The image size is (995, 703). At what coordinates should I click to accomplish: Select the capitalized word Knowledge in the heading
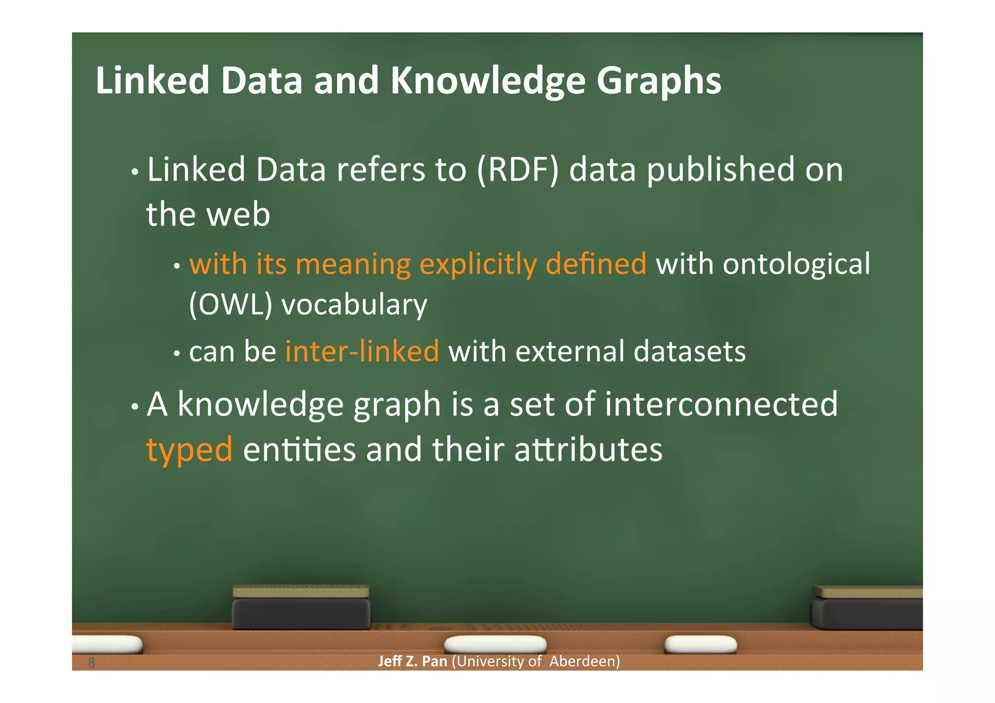pos(488,81)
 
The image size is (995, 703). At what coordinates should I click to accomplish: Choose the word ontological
pos(796,264)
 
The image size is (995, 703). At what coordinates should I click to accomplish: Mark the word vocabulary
pos(354,305)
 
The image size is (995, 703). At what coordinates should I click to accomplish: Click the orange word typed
pos(189,450)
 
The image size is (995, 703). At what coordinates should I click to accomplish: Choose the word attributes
pos(588,450)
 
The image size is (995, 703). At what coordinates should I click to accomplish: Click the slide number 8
pos(91,662)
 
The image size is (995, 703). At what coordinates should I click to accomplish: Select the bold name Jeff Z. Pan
pos(412,661)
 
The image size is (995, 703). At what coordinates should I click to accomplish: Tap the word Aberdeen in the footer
pos(584,661)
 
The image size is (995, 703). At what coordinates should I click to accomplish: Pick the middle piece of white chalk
pos(495,645)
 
